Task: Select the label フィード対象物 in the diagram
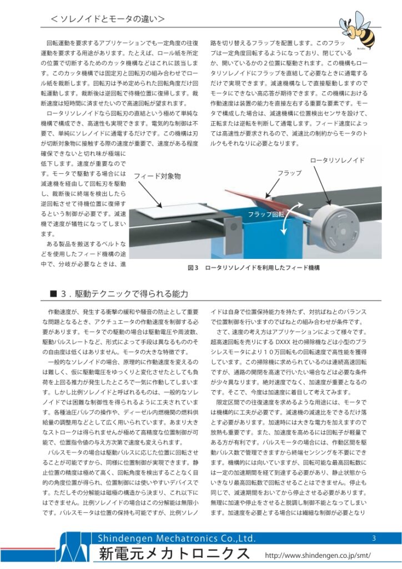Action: point(156,176)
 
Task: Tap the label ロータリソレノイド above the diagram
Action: point(337,160)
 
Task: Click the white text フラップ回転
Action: point(266,214)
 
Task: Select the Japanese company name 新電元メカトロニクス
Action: point(174,554)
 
